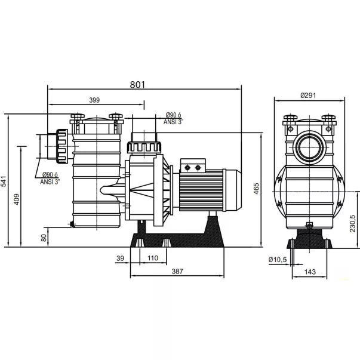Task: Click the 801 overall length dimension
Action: click(137, 85)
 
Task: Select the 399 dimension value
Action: click(94, 100)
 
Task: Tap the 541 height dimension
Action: click(4, 181)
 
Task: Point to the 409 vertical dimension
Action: click(17, 199)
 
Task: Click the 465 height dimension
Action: click(256, 189)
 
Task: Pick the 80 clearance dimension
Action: click(44, 238)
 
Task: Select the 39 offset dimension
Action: click(120, 259)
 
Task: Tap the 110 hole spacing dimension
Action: click(153, 258)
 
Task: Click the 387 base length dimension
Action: click(177, 272)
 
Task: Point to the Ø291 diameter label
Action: click(308, 96)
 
